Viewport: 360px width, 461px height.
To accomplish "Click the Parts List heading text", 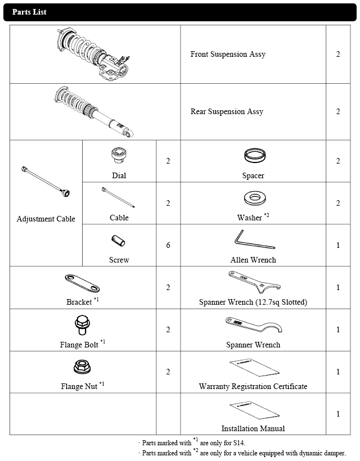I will (29, 12).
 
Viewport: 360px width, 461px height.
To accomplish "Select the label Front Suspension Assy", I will (228, 55).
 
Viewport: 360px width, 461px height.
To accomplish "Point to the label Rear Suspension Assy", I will (227, 111).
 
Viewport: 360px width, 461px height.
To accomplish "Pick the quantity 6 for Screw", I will (168, 245).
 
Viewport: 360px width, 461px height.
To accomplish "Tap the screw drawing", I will (118, 241).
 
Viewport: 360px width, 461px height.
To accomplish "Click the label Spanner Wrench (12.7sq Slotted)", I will (253, 302).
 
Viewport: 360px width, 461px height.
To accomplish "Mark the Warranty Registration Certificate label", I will (253, 387).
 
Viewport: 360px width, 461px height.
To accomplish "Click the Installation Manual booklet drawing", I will (254, 409).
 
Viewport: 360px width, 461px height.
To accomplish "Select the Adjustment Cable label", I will (46, 219).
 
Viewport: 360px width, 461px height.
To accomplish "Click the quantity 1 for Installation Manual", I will (338, 414).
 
